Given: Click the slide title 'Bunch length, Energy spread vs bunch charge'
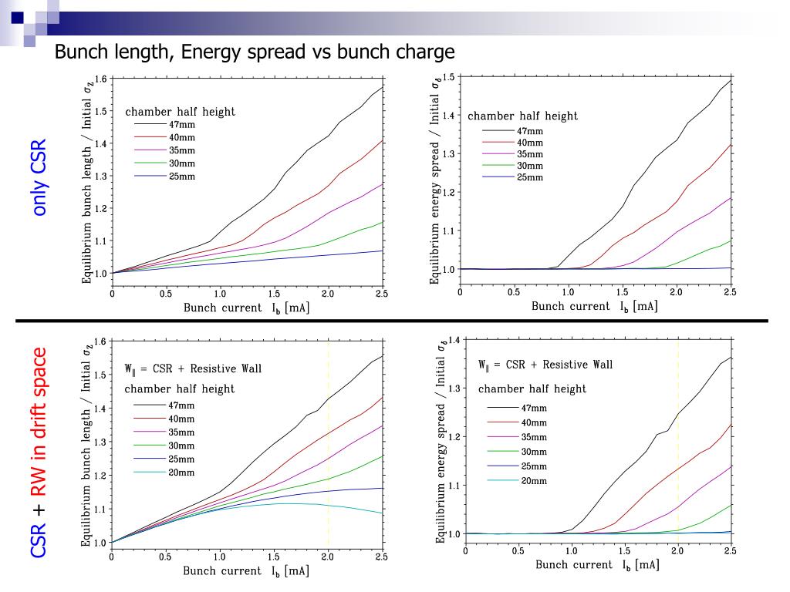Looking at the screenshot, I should pyautogui.click(x=254, y=53).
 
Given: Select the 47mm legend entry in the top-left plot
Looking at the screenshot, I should pyautogui.click(x=182, y=123).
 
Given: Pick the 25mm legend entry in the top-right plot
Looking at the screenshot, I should pyautogui.click(x=529, y=177).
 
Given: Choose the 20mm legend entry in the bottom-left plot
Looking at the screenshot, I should pyautogui.click(x=181, y=472).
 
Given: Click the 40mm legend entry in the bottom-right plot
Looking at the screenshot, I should pyautogui.click(x=533, y=422).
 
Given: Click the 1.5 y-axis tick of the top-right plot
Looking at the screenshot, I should pyautogui.click(x=448, y=77).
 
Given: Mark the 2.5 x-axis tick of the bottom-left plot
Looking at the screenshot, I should pyautogui.click(x=381, y=557).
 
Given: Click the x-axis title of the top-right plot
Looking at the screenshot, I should pyautogui.click(x=594, y=306).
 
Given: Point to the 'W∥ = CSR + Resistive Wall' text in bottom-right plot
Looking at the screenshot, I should pyautogui.click(x=545, y=364).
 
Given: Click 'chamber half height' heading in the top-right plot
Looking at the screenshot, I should pyautogui.click(x=522, y=116).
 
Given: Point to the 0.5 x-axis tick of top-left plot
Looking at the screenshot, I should pyautogui.click(x=166, y=294).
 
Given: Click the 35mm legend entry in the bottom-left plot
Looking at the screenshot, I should pyautogui.click(x=181, y=432).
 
